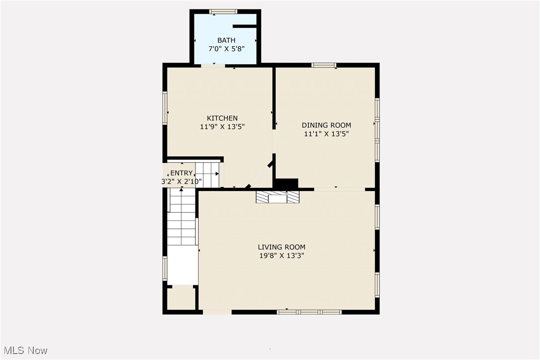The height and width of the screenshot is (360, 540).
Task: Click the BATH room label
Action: click(x=226, y=40)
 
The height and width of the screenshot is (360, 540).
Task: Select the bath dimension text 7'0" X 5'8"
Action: click(x=226, y=49)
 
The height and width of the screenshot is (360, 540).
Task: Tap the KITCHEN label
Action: click(x=222, y=118)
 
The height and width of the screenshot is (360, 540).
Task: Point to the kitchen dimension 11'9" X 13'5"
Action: click(x=222, y=127)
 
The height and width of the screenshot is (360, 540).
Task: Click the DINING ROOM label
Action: click(x=326, y=125)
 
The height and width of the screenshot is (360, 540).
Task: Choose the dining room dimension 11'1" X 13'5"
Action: click(x=326, y=134)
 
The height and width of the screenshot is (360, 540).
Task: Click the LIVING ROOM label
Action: click(x=281, y=247)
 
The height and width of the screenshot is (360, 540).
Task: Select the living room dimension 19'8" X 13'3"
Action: click(x=281, y=256)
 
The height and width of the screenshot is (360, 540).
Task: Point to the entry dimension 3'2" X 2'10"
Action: click(x=181, y=181)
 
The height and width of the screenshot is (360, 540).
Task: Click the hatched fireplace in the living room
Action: click(x=277, y=197)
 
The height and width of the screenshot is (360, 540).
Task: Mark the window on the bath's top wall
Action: click(x=223, y=11)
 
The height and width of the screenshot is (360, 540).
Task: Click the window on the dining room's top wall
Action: click(x=324, y=65)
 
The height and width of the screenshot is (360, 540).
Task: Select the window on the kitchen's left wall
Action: click(x=165, y=107)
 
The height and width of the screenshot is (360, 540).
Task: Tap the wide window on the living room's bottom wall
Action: click(x=309, y=312)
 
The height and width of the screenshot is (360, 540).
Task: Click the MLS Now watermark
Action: click(x=24, y=351)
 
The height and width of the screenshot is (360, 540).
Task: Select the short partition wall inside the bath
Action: click(x=244, y=25)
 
